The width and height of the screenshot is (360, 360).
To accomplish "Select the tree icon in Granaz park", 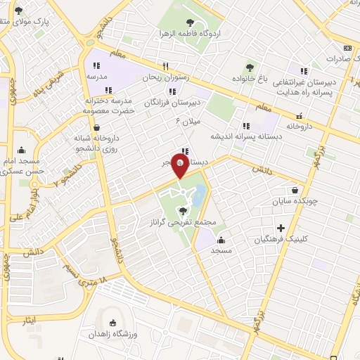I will (x=184, y=210).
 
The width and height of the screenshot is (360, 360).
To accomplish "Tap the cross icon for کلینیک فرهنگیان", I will (x=281, y=228).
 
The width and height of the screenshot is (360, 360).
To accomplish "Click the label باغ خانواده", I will (x=251, y=79).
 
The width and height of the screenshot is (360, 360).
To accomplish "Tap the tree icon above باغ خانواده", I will (x=250, y=67).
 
